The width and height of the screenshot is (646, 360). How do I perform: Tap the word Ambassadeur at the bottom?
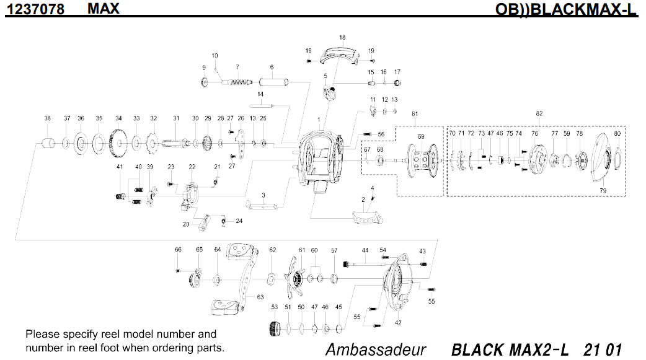tap(375, 349)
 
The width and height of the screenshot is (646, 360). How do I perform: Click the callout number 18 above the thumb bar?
tap(342, 38)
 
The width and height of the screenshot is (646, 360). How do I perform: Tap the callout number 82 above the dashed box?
tap(539, 114)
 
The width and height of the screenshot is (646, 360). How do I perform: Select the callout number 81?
tap(415, 114)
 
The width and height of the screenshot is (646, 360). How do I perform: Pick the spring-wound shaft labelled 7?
tap(238, 82)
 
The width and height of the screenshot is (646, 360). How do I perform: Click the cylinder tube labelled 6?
tap(273, 81)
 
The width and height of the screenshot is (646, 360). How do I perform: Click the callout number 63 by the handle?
tap(260, 297)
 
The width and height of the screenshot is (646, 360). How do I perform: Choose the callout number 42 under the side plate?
tap(398, 323)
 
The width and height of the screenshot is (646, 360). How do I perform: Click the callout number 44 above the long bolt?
tap(365, 250)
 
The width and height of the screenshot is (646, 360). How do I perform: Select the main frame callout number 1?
tap(319, 119)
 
